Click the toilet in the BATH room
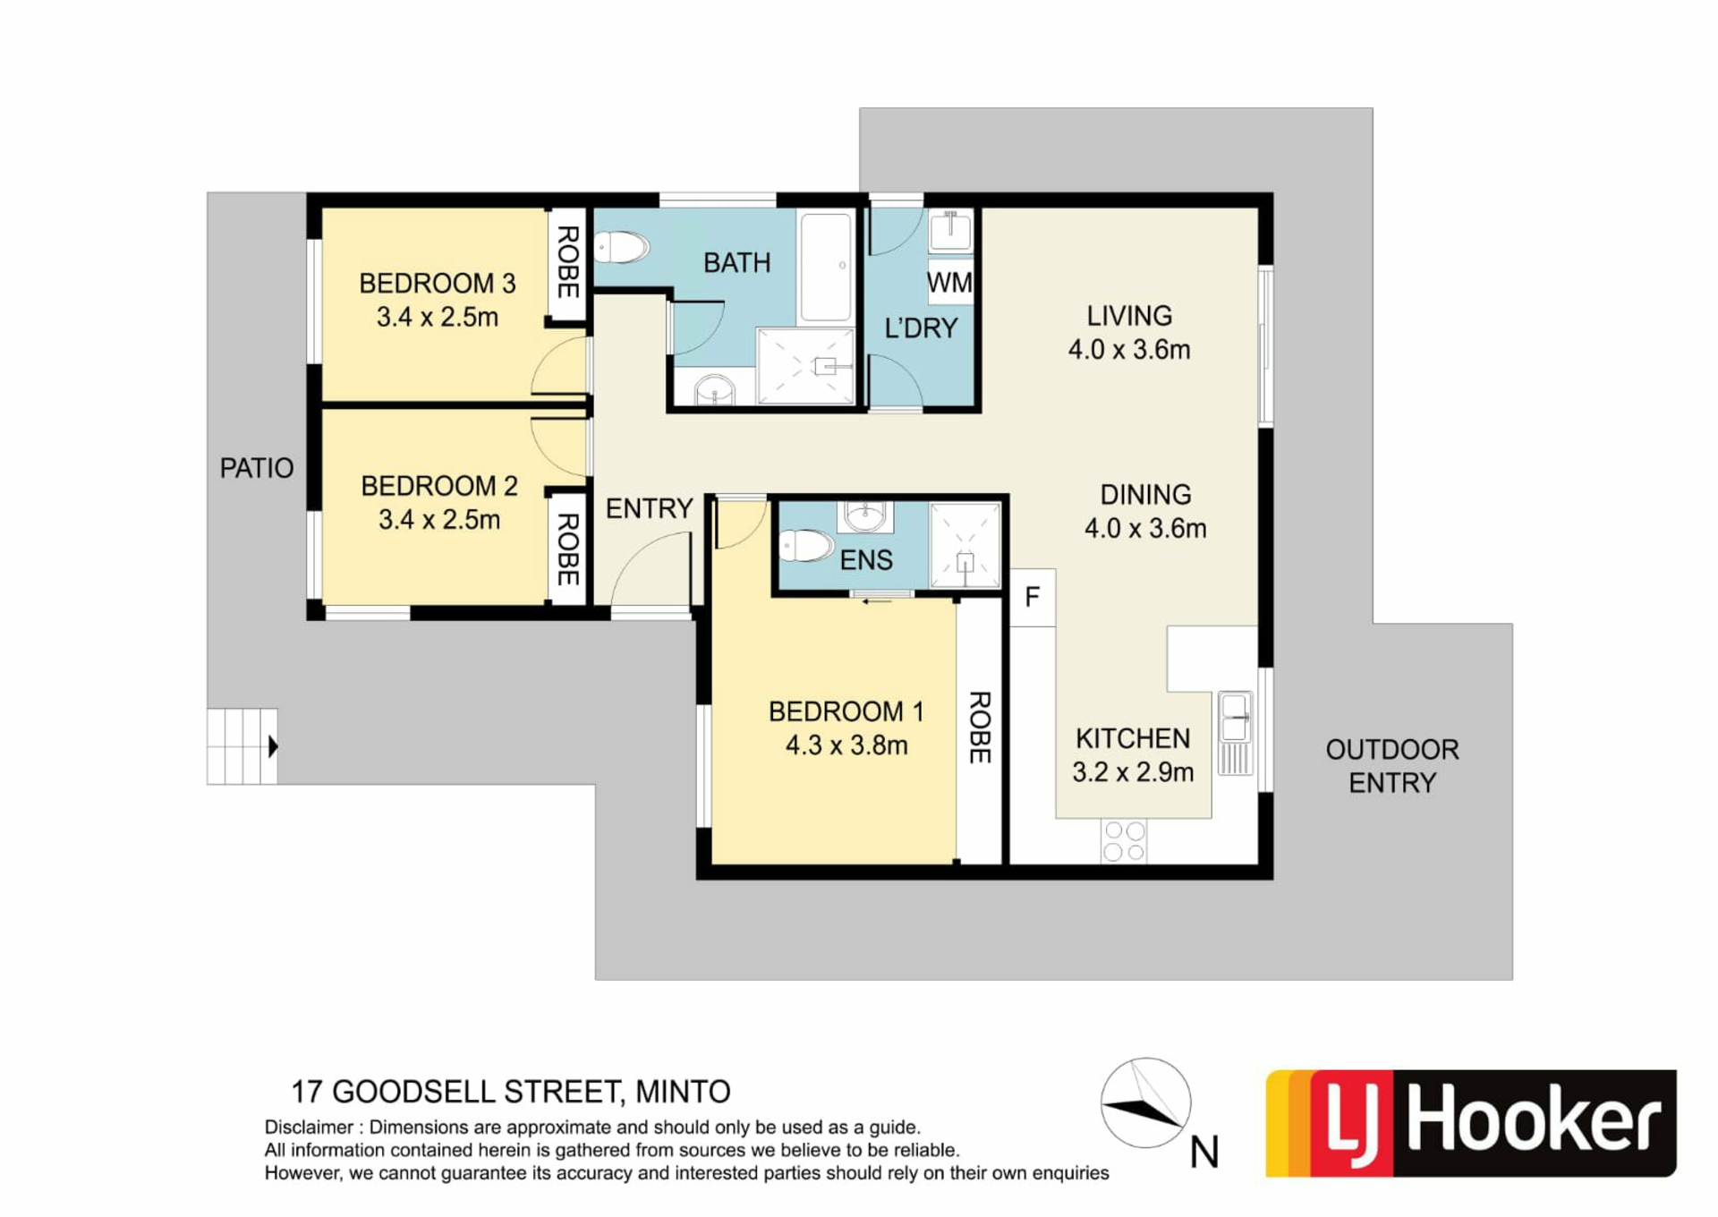tap(621, 247)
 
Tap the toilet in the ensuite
tap(806, 545)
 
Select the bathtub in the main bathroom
tap(825, 266)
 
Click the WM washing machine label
tap(949, 283)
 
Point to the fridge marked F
tap(1033, 597)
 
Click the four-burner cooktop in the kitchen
tap(1124, 841)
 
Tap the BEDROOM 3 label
tap(438, 284)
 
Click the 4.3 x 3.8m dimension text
tap(846, 745)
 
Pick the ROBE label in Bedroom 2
tap(567, 549)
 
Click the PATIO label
tap(257, 468)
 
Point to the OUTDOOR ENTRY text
tap(1392, 766)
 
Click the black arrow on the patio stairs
tap(274, 745)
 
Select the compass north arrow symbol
tap(1145, 1102)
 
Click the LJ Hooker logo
tap(1471, 1123)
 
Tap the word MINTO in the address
tap(683, 1092)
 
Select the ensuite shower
tap(965, 545)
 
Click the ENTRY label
tap(650, 508)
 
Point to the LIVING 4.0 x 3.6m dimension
tap(1129, 349)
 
